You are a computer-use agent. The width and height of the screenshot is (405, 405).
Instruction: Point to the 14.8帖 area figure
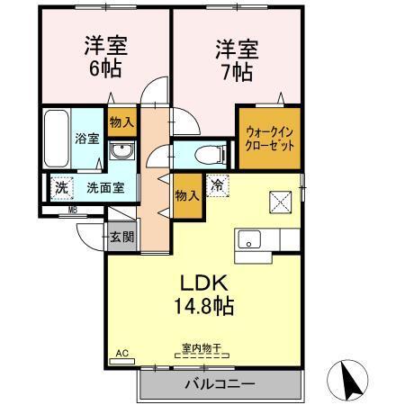[x=204, y=306]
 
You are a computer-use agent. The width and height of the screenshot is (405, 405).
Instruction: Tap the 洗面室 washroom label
[x=105, y=189]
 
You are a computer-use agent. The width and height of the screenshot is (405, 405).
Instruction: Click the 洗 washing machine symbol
[x=61, y=189]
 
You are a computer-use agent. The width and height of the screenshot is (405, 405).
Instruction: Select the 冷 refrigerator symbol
[x=218, y=184]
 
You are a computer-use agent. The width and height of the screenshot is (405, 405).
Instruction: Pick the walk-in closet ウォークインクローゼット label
[x=270, y=138]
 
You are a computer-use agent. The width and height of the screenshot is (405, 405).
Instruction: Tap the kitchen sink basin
[x=248, y=239]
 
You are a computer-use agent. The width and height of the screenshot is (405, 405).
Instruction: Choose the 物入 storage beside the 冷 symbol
[x=186, y=194]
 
